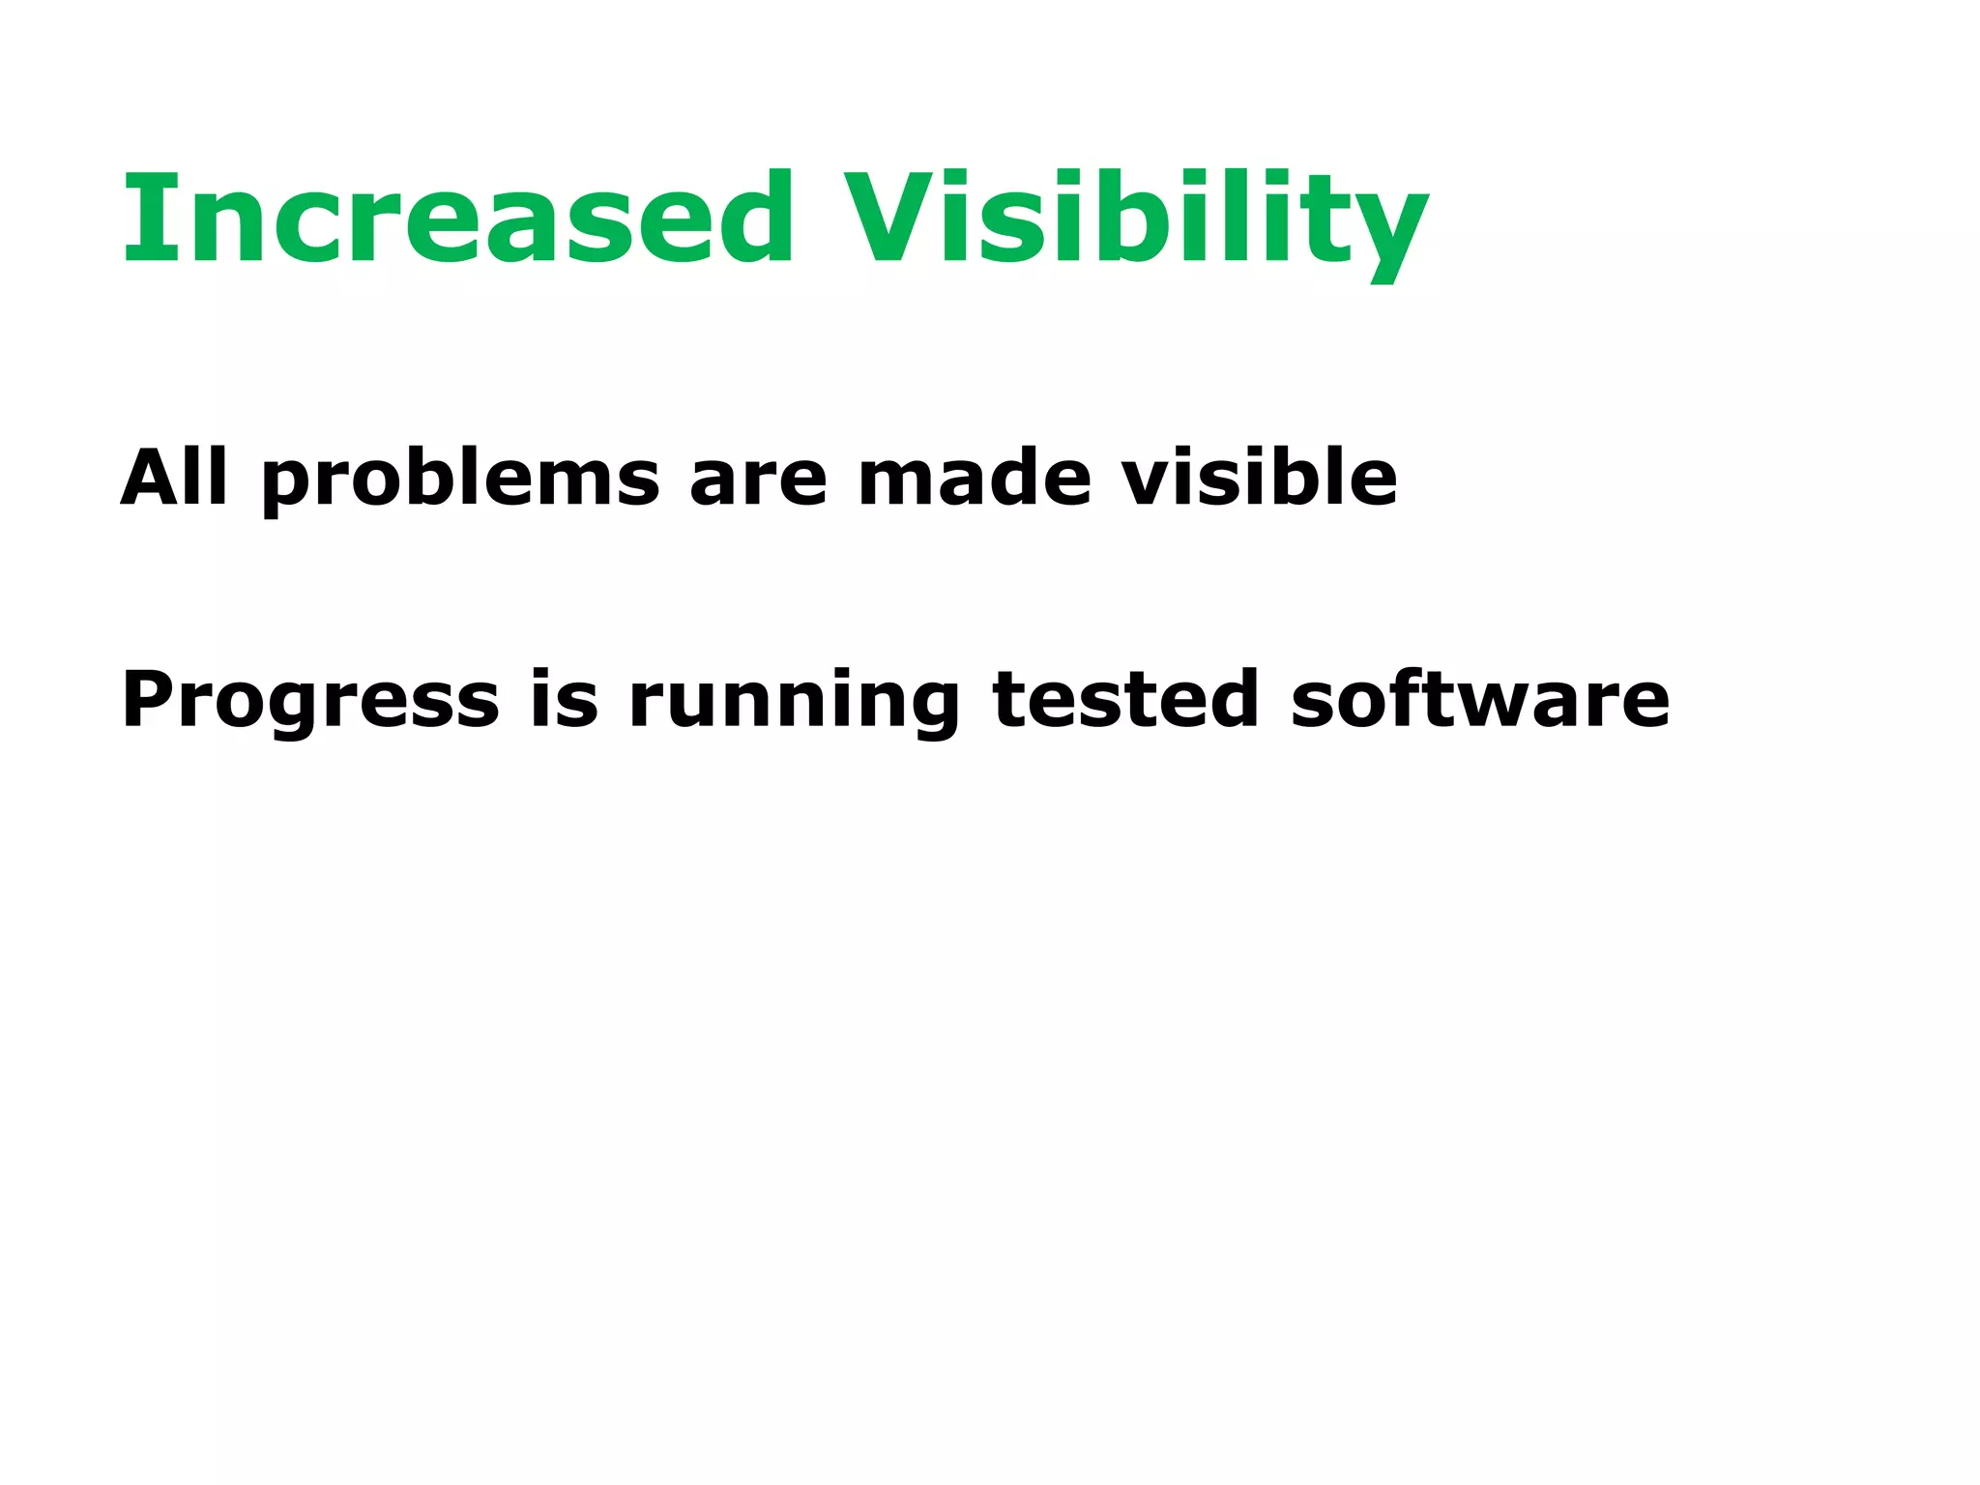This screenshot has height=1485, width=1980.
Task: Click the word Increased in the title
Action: pyautogui.click(x=457, y=218)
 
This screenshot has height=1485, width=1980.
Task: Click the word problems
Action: pyautogui.click(x=460, y=480)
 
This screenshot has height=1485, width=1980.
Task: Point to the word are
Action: pyautogui.click(x=758, y=480)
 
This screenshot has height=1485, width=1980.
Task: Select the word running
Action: pyautogui.click(x=794, y=703)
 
